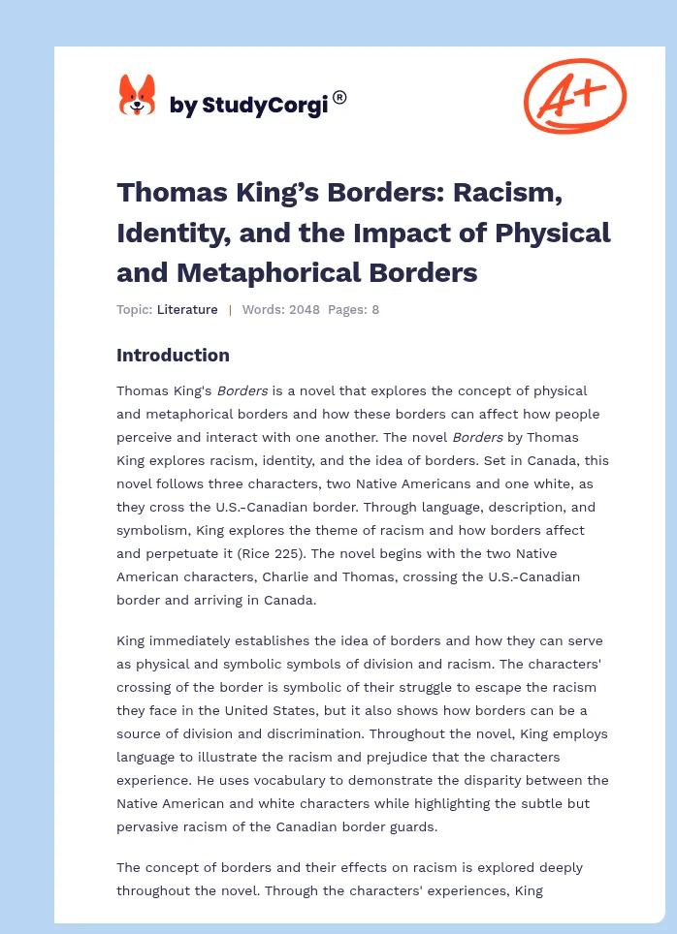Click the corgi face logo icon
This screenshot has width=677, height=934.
click(x=137, y=97)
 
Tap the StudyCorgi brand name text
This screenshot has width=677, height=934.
click(x=248, y=105)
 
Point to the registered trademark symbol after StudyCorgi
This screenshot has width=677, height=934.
click(x=339, y=97)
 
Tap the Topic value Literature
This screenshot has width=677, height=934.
click(x=188, y=310)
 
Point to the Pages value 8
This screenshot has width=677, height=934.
click(x=376, y=310)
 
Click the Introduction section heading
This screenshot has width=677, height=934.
click(x=173, y=355)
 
